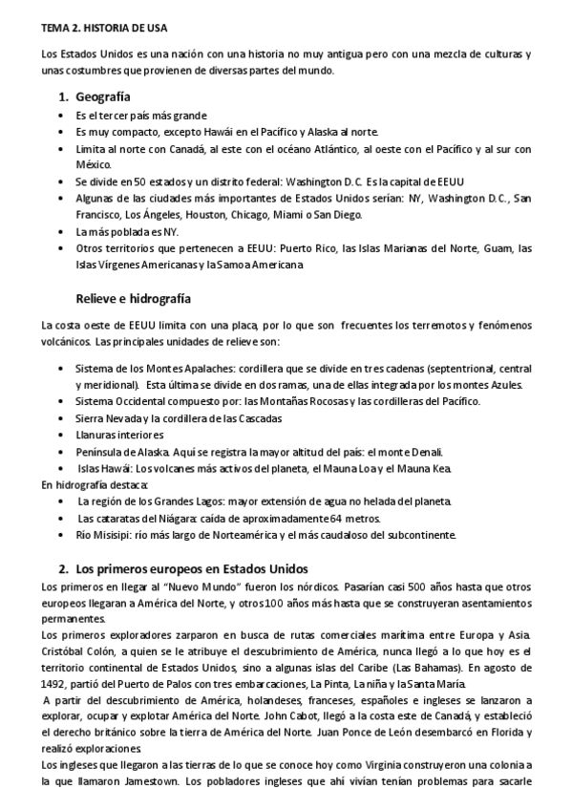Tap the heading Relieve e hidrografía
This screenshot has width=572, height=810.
tap(133, 298)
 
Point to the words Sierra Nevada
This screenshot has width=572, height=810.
tap(108, 417)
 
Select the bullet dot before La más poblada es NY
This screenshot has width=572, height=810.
tap(62, 232)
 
